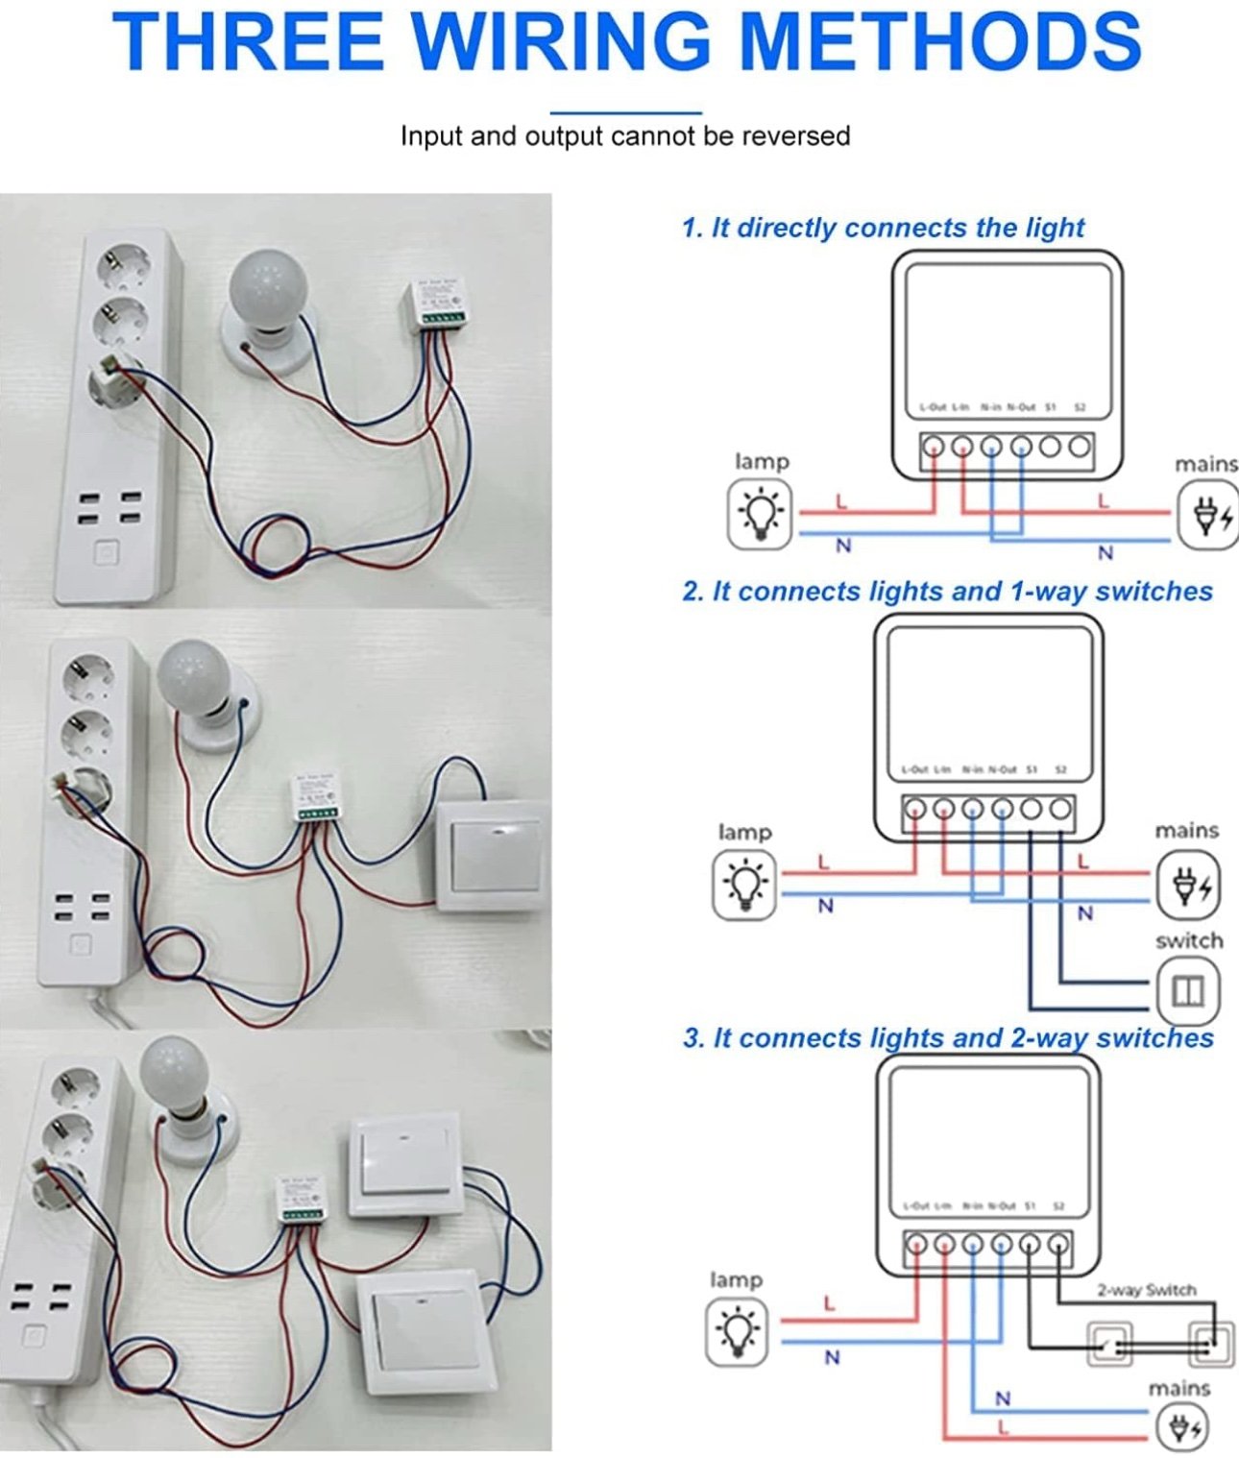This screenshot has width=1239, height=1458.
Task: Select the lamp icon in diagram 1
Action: tap(760, 514)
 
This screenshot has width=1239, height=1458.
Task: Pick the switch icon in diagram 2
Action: tap(1188, 990)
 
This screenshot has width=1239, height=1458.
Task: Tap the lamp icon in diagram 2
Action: tap(744, 885)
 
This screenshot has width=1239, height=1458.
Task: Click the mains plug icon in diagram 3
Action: tap(1180, 1427)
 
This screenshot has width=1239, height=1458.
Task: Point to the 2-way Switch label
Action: tap(1146, 1290)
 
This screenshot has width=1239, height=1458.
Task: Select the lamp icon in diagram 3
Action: tap(737, 1332)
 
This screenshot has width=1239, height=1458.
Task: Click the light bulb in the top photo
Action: tap(267, 286)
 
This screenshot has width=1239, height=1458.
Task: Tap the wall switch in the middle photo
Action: tap(493, 856)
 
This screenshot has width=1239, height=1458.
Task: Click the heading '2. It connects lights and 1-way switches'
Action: tap(947, 591)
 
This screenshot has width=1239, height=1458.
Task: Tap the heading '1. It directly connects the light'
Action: tap(883, 228)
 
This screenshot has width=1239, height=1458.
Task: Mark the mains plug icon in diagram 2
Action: tap(1187, 885)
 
